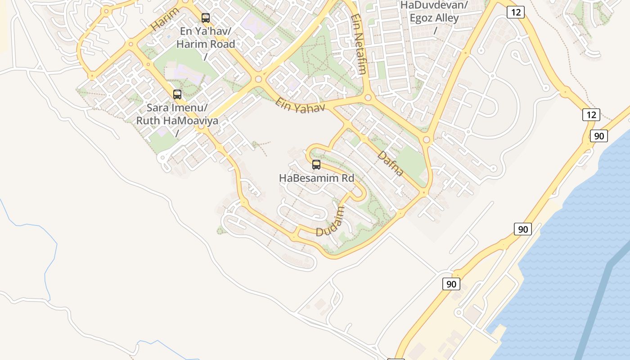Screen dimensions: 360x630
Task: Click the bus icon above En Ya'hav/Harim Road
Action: (206, 18)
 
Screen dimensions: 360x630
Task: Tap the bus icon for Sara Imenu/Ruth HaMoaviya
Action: (177, 94)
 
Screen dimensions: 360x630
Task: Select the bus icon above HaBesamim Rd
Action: (316, 165)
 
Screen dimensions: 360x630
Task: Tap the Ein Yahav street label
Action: (300, 105)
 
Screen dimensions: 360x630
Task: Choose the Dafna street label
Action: (390, 163)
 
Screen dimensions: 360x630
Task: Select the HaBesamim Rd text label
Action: (316, 178)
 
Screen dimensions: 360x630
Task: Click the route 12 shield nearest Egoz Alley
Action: (515, 12)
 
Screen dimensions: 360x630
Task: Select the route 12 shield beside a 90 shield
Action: (591, 115)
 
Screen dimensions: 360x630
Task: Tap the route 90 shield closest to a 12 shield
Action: (599, 135)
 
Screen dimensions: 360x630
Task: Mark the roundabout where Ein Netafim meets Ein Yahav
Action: (368, 97)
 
